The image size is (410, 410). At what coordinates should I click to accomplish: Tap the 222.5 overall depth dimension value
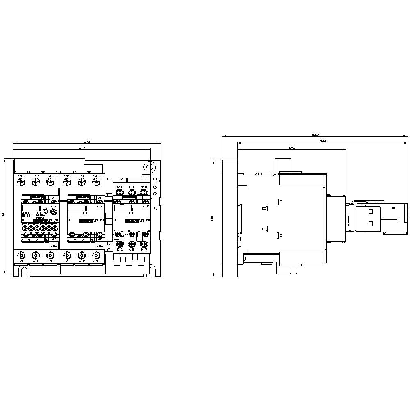(315, 134)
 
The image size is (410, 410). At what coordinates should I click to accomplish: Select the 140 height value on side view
(212, 219)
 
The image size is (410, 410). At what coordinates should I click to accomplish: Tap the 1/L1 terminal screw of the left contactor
(20, 182)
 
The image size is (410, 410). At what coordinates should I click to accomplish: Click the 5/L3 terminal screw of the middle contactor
(96, 182)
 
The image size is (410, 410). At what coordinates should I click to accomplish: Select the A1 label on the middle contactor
(100, 198)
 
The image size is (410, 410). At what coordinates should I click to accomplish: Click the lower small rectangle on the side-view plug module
(371, 224)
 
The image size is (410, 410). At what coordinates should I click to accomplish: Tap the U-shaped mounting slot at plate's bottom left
(24, 271)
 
